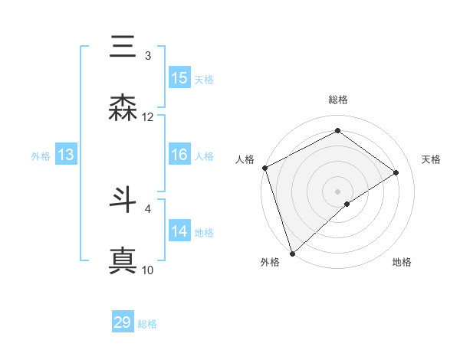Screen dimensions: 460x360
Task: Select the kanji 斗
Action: pos(123,200)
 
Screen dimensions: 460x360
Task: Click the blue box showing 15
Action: pos(179,78)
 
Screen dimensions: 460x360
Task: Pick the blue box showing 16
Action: pos(179,155)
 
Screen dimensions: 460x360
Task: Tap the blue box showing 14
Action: pos(179,231)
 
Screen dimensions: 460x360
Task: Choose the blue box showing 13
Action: pos(66,155)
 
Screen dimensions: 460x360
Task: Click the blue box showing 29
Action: pos(123,322)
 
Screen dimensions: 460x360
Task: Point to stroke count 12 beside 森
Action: pos(148,117)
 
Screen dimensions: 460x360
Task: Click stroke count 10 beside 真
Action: pos(148,270)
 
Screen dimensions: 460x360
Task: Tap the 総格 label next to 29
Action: pos(147,324)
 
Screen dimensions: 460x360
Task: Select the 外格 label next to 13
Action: pos(41,156)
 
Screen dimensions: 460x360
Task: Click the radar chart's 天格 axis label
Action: pos(432,159)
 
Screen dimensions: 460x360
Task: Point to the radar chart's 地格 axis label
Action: pos(402,263)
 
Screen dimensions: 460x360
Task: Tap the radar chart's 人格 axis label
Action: pos(245,159)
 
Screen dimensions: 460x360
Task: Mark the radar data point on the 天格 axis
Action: pos(396,172)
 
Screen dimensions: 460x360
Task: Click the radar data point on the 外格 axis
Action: pos(292,253)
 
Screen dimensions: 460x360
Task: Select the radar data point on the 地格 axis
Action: pos(347,204)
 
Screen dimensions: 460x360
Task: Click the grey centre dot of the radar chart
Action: pos(337,191)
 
